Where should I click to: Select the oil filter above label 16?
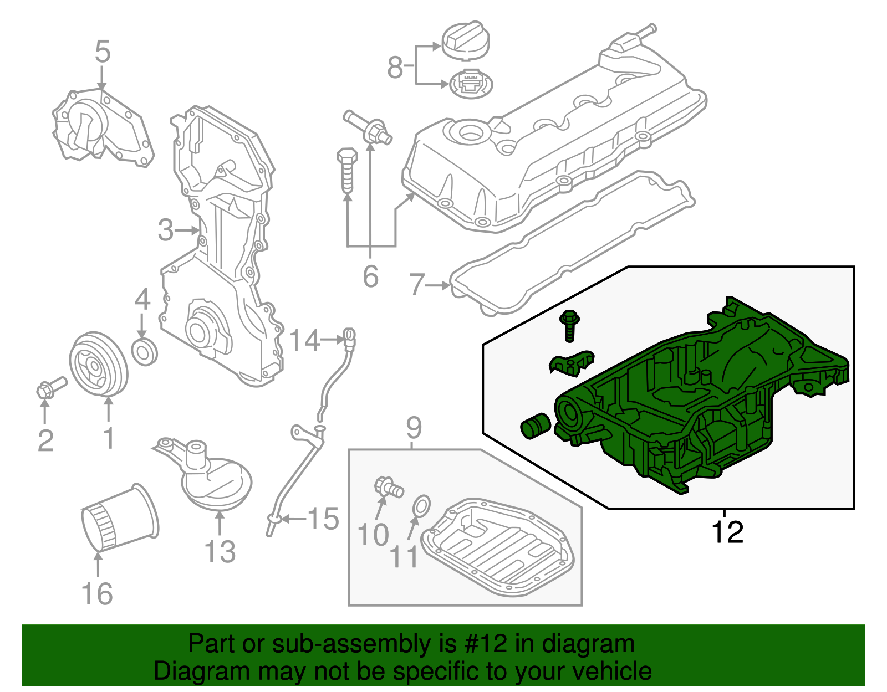point(119,518)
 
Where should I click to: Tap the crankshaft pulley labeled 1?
point(98,365)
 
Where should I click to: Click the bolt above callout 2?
point(51,387)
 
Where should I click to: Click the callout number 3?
point(165,230)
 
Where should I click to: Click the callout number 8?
point(395,68)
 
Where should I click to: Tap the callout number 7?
point(416,285)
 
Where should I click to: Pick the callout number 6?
point(370,276)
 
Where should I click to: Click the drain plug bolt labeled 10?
point(388,487)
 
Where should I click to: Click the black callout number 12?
point(727,532)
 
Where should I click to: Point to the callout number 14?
point(304,340)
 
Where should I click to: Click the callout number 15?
point(323,519)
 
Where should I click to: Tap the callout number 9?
point(414,427)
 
